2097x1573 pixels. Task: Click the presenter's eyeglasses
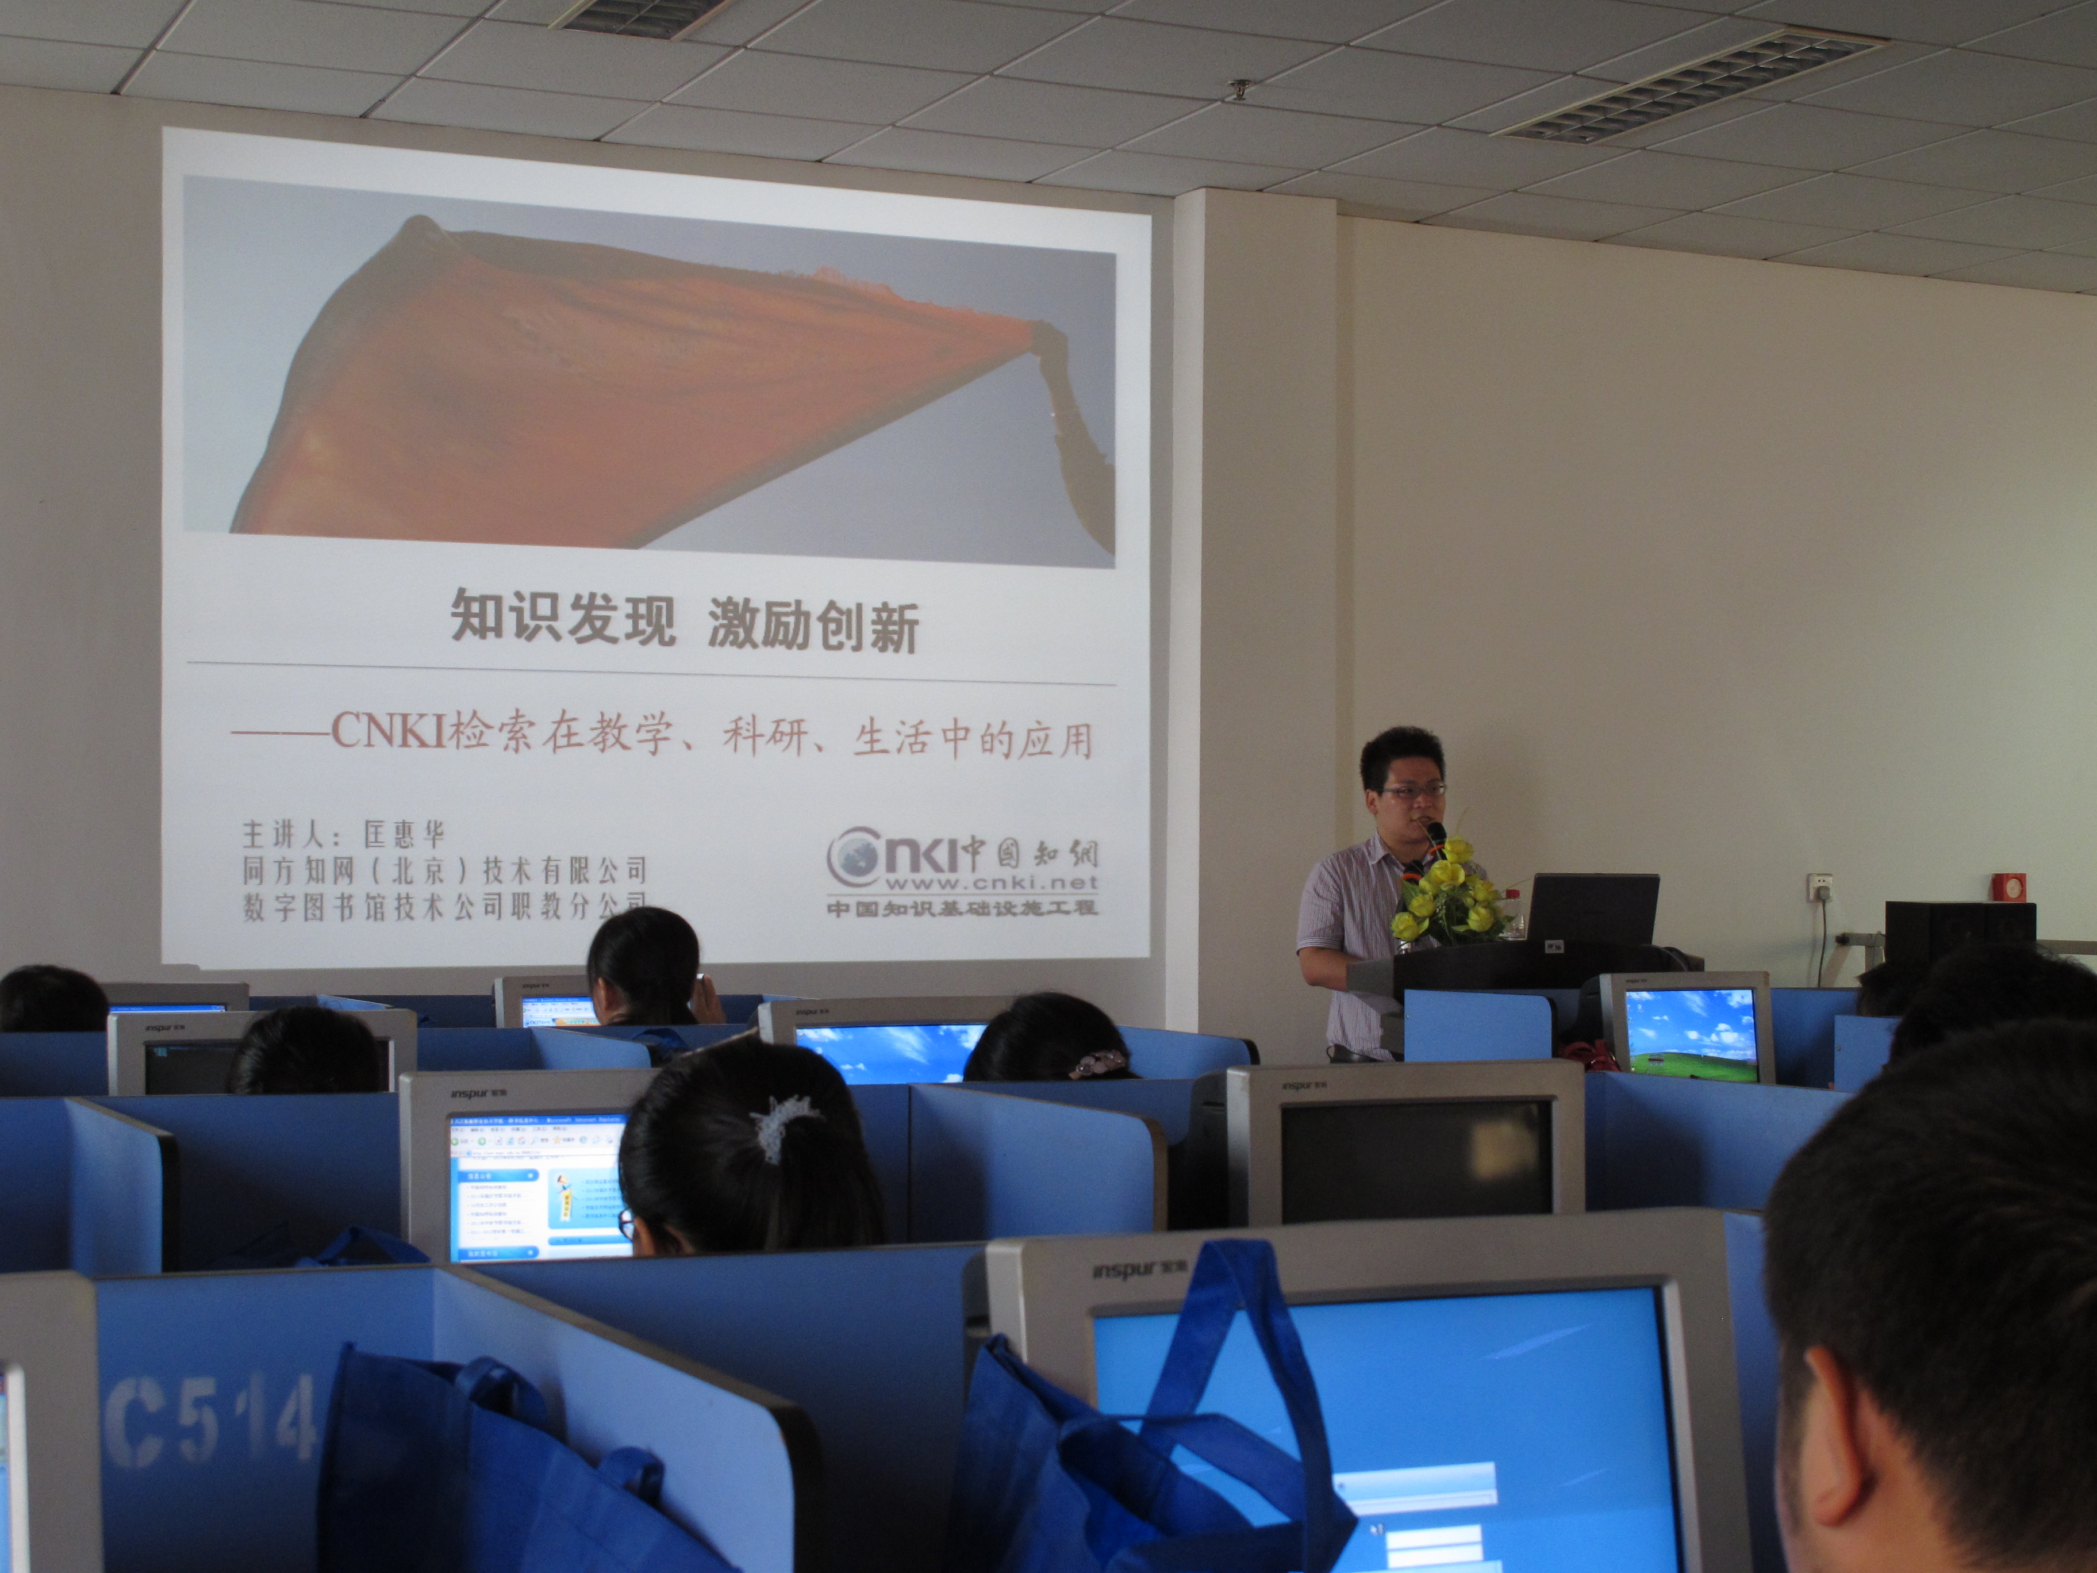point(1412,789)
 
